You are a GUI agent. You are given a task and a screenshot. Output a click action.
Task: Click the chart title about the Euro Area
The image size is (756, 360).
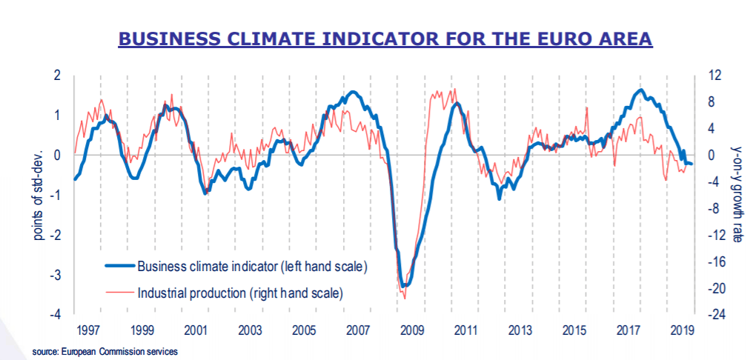click(385, 39)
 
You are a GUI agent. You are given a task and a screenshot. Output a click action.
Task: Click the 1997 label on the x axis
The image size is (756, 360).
click(89, 330)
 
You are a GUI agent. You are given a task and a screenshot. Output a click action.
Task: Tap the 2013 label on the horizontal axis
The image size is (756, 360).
click(519, 330)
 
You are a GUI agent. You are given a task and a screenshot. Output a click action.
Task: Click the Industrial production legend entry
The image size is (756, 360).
click(240, 293)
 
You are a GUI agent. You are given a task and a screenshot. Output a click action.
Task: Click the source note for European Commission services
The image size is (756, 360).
click(105, 351)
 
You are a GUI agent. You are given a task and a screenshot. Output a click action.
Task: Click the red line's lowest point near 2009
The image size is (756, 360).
click(405, 298)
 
